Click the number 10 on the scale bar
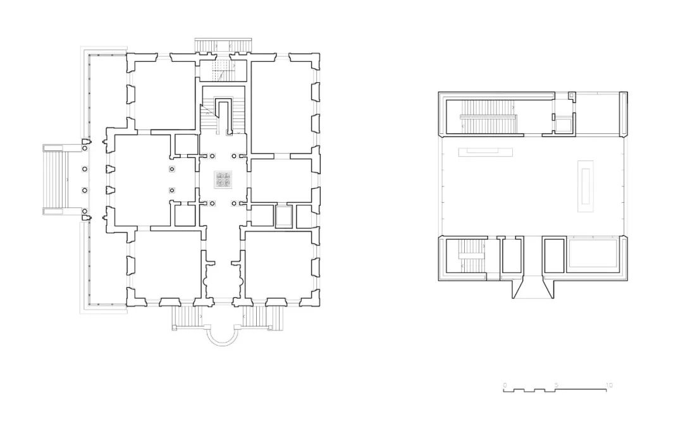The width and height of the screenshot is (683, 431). (608, 385)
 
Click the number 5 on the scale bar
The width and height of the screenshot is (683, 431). (556, 385)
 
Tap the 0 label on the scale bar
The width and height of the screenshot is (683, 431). (505, 385)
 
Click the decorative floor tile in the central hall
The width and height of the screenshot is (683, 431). (223, 179)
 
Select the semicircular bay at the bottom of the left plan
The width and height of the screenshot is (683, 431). (222, 334)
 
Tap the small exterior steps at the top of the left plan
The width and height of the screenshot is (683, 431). (222, 46)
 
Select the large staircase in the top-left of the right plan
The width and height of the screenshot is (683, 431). (487, 117)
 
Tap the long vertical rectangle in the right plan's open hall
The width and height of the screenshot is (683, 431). (586, 186)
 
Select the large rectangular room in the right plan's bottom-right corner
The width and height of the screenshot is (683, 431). (592, 254)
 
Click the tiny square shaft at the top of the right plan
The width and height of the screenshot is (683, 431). (572, 95)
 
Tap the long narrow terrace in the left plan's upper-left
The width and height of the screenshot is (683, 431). (107, 95)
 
